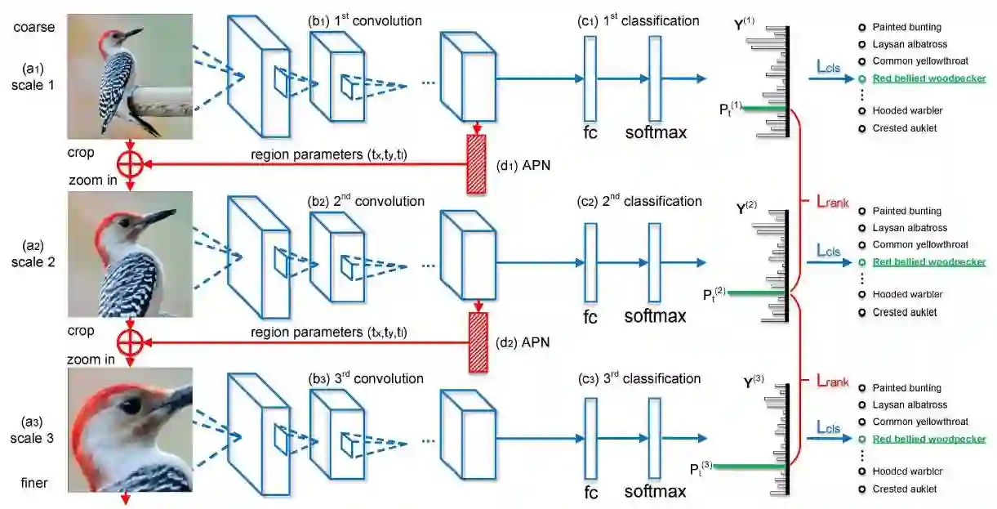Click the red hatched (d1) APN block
(x=475, y=164)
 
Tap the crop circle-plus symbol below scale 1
(x=130, y=163)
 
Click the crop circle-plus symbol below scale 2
(x=130, y=341)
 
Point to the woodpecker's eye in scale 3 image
(x=131, y=405)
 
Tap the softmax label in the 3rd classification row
(x=655, y=492)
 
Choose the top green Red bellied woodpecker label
(x=928, y=79)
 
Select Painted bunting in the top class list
(x=906, y=28)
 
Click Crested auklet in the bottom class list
(x=904, y=489)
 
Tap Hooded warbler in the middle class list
(x=907, y=294)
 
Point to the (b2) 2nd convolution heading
(x=366, y=201)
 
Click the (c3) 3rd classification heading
(x=639, y=378)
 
